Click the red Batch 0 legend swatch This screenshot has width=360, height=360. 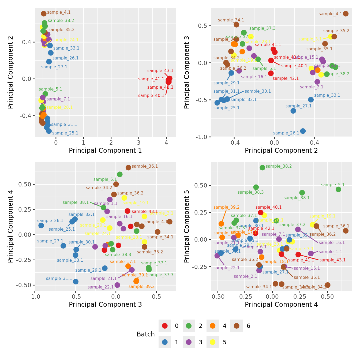click(x=165, y=326)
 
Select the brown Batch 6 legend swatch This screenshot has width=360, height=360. click(x=237, y=326)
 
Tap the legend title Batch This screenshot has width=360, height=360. click(x=146, y=334)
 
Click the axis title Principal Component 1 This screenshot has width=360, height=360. click(x=105, y=151)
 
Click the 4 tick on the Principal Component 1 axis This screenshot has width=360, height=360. click(x=166, y=142)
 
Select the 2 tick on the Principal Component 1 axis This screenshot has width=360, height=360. click(x=111, y=142)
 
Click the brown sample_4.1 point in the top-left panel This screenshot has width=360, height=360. click(x=44, y=14)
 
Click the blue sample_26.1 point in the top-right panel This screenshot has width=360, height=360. click(x=303, y=131)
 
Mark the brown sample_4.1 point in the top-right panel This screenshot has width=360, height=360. click(x=346, y=14)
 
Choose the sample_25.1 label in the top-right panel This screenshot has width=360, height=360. click(x=226, y=108)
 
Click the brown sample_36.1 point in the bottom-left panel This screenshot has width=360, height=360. click(x=128, y=168)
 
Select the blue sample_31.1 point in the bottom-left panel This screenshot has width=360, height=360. click(x=76, y=282)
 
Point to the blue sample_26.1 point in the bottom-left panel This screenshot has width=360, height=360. click(x=41, y=226)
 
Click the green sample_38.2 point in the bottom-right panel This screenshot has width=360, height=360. click(x=262, y=168)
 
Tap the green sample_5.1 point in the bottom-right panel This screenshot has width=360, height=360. click(x=339, y=189)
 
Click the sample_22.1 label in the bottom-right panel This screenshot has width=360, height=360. click(x=226, y=268)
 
